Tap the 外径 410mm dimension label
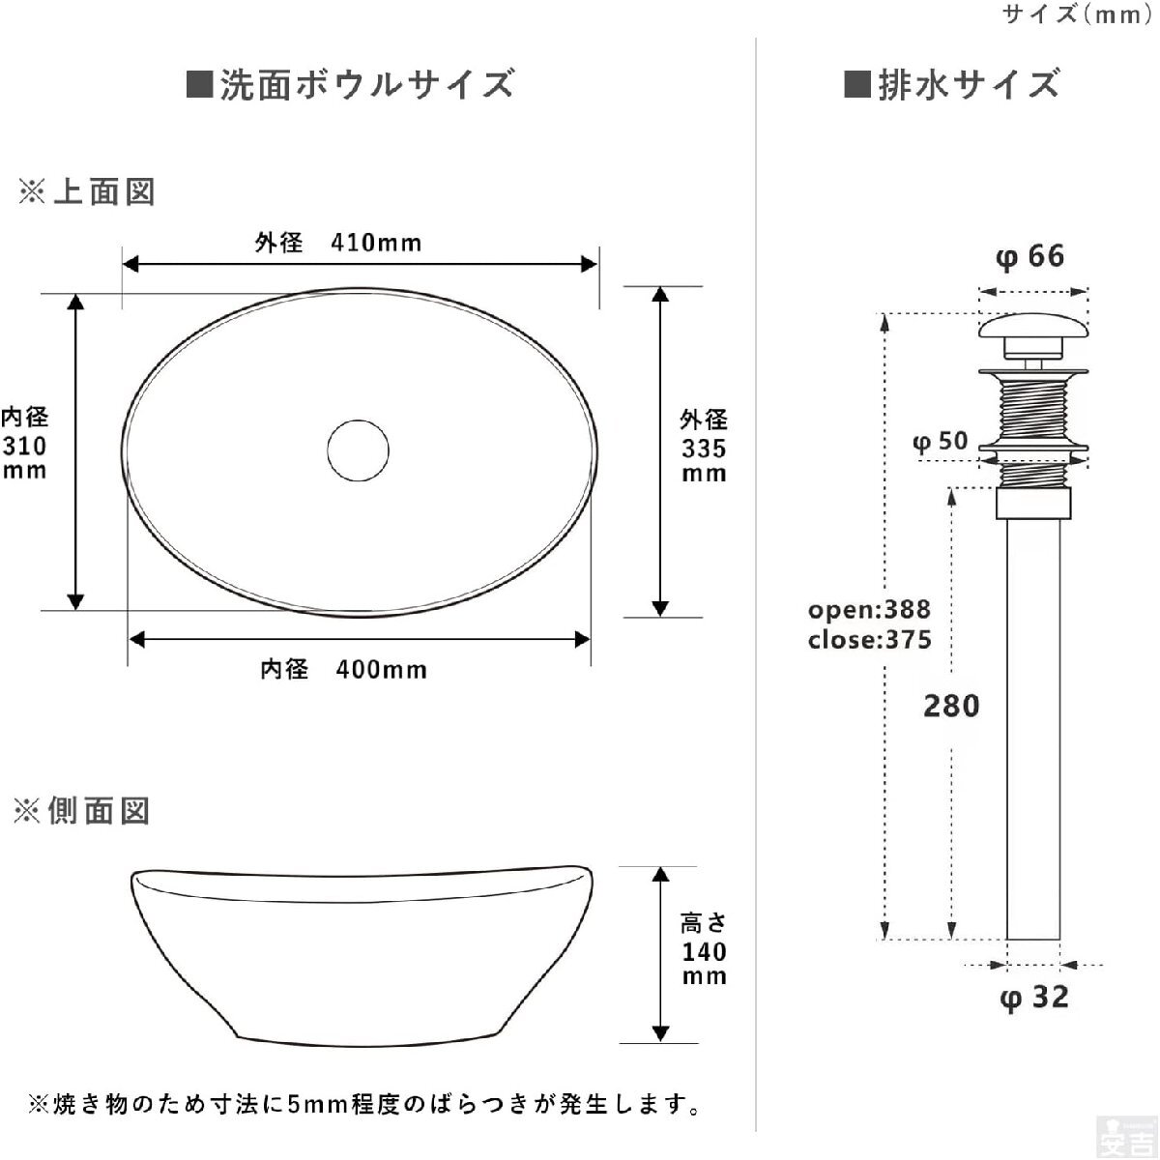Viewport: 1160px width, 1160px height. (x=337, y=243)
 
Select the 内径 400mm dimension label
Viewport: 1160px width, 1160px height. (x=343, y=669)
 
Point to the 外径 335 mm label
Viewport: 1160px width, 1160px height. (x=704, y=446)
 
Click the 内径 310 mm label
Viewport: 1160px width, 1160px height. (x=24, y=443)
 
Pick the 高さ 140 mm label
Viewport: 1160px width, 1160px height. (x=704, y=949)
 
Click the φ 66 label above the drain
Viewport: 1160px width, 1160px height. (x=1029, y=256)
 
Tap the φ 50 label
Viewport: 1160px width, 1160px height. (x=941, y=442)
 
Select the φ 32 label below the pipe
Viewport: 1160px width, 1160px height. (x=1034, y=998)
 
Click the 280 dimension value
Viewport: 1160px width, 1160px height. (x=952, y=706)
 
